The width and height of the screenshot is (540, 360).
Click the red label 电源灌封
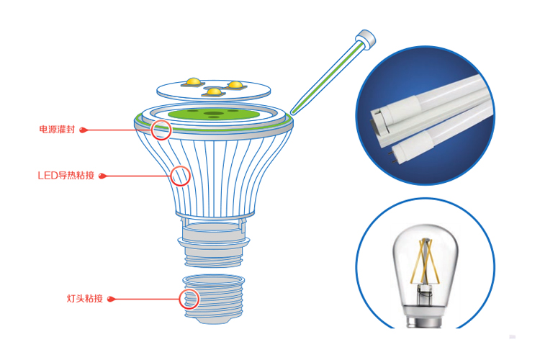57,130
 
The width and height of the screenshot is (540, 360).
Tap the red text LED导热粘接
66,176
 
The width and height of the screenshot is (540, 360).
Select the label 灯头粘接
85,298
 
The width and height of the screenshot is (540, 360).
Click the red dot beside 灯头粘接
111,299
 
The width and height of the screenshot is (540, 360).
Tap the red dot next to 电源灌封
83,130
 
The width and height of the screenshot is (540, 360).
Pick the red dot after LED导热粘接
102,176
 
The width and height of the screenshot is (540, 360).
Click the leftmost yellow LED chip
193,82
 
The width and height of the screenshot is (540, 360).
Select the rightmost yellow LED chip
235,85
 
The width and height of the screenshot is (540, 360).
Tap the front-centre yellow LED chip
214,92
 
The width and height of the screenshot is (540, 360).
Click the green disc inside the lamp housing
214,113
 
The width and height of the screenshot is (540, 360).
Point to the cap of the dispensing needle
366,38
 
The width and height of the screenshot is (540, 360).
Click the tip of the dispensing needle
292,112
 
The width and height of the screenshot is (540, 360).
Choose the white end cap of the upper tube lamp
395,111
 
